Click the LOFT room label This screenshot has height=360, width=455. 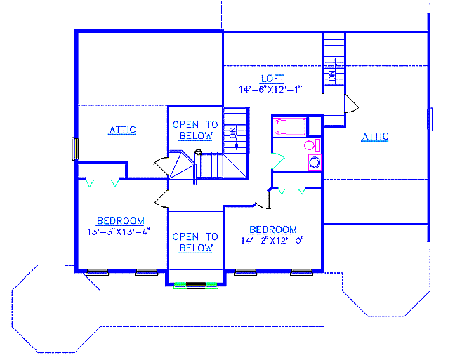(x=272, y=79)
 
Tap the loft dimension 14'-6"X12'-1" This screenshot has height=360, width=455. (x=270, y=89)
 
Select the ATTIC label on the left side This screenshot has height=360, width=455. (x=122, y=130)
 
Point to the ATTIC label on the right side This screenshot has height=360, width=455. (x=375, y=136)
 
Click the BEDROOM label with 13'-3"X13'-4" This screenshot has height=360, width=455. (x=121, y=221)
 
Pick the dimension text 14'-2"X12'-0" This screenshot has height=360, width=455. (x=272, y=241)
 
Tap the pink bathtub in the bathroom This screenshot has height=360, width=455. (x=289, y=126)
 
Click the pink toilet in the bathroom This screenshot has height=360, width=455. (x=312, y=145)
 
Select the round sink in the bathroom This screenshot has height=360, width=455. (x=315, y=162)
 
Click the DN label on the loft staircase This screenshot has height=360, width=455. (x=332, y=76)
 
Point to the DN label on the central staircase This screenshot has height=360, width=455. (x=232, y=133)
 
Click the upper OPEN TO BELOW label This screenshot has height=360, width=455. (x=195, y=130)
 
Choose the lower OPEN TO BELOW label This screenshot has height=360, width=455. (x=195, y=242)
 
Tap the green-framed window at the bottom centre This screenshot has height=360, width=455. (x=196, y=286)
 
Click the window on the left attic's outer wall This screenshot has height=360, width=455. (x=75, y=149)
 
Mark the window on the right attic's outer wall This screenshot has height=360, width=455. (x=430, y=119)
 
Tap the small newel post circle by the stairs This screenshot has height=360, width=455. (x=198, y=152)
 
